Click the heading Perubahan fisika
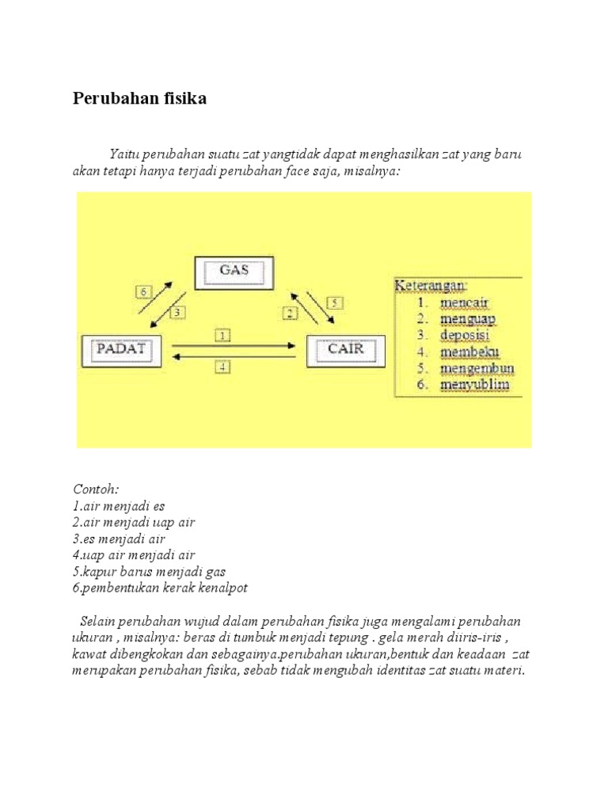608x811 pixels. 140,100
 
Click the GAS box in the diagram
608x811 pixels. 234,272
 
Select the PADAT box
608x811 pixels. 122,350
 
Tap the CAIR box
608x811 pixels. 344,350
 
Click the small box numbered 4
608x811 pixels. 222,367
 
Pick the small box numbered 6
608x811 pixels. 143,291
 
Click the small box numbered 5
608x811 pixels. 333,302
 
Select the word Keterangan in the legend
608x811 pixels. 431,284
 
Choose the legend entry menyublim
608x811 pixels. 475,386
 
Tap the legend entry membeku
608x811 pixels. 470,352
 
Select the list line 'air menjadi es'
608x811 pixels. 119,506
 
